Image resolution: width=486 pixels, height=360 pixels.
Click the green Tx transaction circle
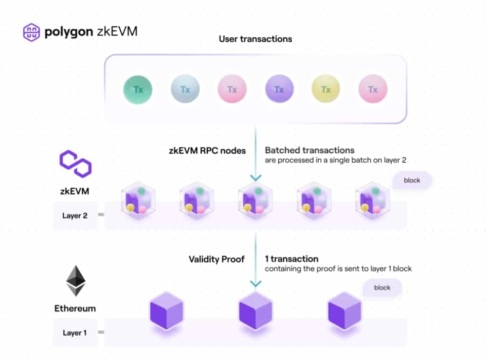pos(138,90)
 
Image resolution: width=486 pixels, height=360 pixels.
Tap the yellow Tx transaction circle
pos(325,90)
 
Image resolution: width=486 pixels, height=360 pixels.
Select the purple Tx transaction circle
pos(279,90)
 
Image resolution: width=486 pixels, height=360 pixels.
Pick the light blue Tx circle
pos(185,90)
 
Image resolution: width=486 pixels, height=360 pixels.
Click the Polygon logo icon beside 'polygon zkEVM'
pos(31,32)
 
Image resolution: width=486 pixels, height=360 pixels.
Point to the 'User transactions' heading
pos(255,38)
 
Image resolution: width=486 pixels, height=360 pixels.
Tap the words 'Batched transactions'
pos(309,150)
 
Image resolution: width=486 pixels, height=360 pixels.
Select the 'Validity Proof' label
pos(216,259)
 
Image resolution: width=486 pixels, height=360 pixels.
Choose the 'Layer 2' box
pos(75,216)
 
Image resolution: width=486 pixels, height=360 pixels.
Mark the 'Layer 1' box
pos(75,333)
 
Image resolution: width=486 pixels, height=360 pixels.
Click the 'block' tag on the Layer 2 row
pos(412,180)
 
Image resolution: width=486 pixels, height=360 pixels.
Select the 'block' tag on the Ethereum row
pos(382,288)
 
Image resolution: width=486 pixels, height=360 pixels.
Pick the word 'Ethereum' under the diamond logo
pos(75,308)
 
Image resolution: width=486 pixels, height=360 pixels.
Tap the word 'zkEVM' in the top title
pos(120,32)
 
